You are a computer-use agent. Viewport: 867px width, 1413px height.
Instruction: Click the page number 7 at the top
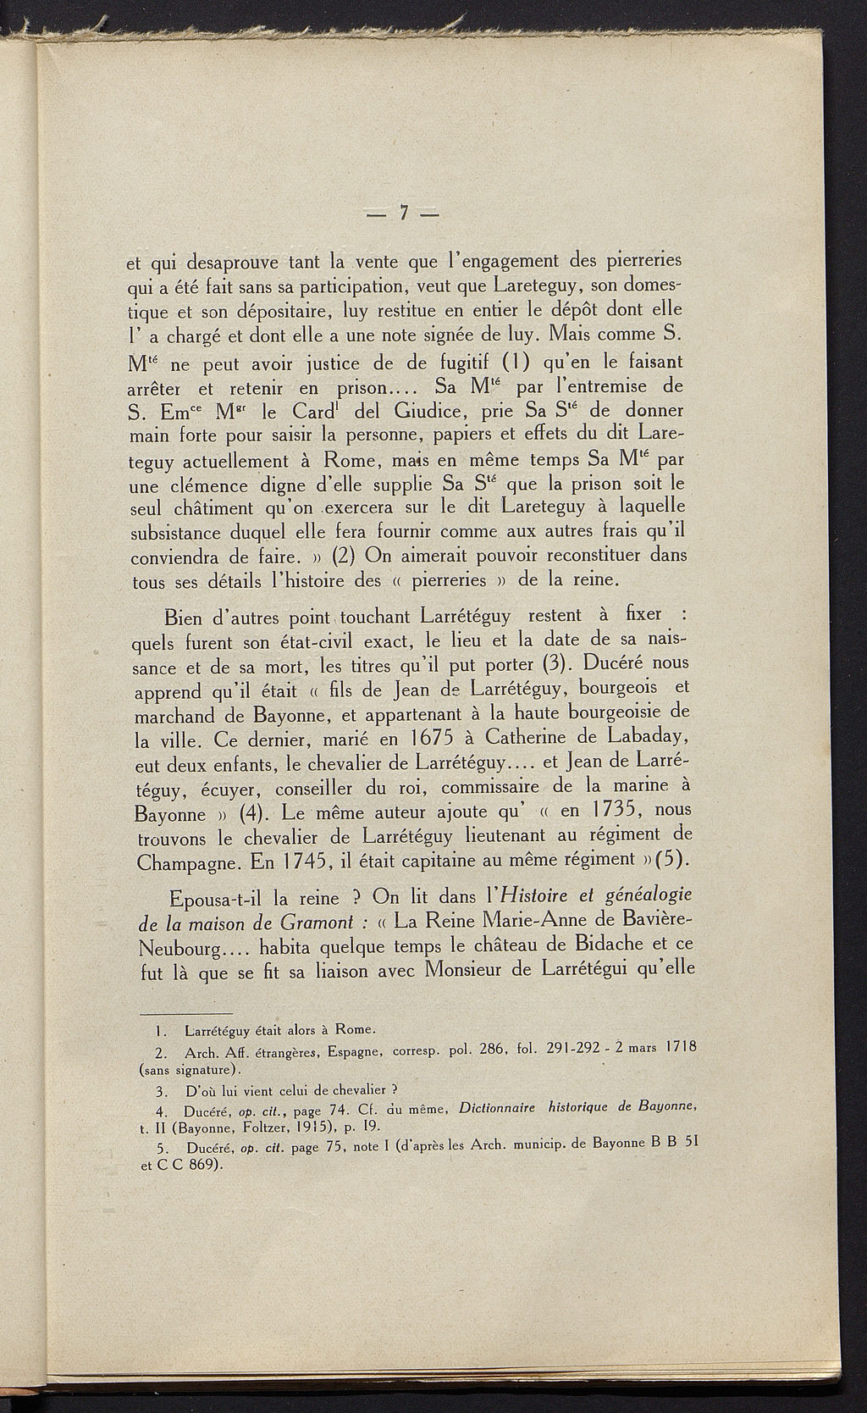tap(406, 213)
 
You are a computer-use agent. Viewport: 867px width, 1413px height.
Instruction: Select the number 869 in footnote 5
tap(201, 1165)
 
